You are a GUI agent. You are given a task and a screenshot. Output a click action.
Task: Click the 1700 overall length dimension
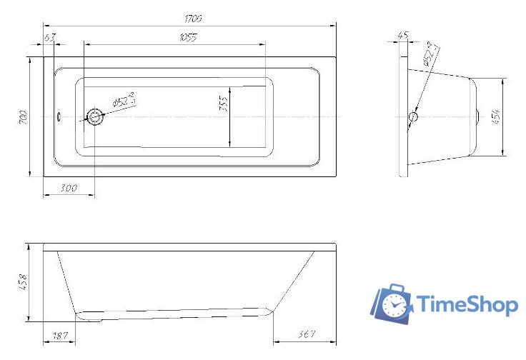point(192,17)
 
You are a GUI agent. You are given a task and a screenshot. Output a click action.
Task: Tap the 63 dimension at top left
point(49,37)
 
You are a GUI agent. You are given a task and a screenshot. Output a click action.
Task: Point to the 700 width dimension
point(24,116)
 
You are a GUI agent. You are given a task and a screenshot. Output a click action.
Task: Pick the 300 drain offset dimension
point(69,188)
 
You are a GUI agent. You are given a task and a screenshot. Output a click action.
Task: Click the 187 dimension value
point(60,335)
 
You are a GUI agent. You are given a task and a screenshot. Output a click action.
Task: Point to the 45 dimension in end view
point(402,34)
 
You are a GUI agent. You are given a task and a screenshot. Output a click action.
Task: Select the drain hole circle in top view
point(94,116)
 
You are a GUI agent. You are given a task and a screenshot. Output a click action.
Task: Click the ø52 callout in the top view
point(123,101)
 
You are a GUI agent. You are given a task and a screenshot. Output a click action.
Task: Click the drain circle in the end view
point(413,117)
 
